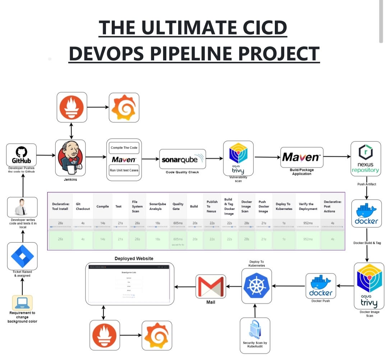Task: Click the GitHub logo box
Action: coord(22,155)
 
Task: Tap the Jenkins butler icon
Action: coord(70,157)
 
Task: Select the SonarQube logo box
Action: coord(183,159)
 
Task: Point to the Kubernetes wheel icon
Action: coord(256,286)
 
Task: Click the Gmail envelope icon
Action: coord(211,286)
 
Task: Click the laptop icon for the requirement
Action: coord(22,303)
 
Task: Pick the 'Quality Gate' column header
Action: coord(178,206)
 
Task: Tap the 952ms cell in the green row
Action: coord(308,239)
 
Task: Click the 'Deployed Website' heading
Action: coord(134,258)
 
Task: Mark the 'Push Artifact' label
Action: coord(366,184)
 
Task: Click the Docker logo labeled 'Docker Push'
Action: coord(321,286)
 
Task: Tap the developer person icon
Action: coord(22,207)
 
